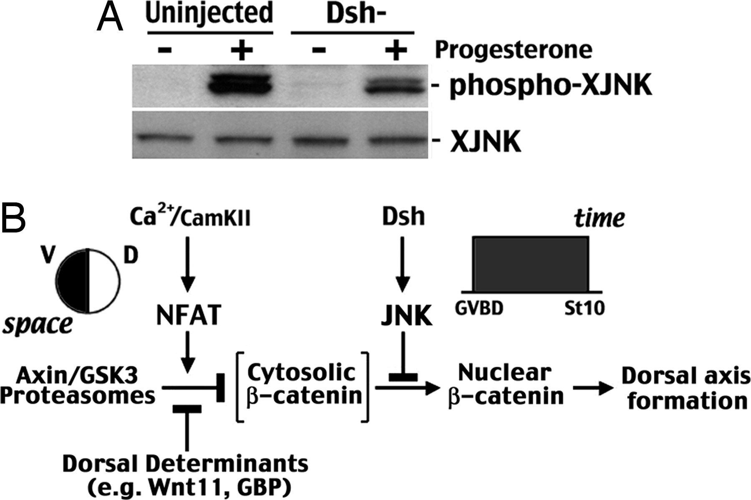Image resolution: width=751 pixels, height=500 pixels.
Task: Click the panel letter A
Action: (x=110, y=19)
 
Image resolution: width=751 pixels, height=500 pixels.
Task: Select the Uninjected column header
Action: (x=209, y=13)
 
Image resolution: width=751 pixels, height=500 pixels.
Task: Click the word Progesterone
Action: (x=513, y=50)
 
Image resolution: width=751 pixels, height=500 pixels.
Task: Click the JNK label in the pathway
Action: (x=406, y=316)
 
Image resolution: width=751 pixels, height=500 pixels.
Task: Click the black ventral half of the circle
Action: (x=72, y=280)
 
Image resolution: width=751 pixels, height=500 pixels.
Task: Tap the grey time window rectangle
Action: (x=530, y=264)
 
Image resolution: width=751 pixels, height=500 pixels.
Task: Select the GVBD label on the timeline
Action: (x=479, y=308)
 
